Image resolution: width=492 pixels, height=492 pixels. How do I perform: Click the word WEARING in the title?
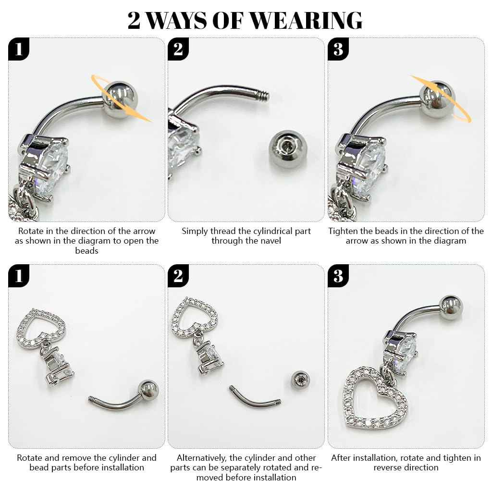(x=306, y=20)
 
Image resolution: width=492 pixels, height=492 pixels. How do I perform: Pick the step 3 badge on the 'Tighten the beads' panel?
(x=338, y=49)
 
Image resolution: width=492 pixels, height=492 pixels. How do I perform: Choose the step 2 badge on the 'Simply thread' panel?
(x=178, y=49)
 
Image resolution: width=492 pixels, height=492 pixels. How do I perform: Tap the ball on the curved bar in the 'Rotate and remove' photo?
(x=147, y=389)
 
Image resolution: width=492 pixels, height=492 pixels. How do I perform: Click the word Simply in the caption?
(x=195, y=231)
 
